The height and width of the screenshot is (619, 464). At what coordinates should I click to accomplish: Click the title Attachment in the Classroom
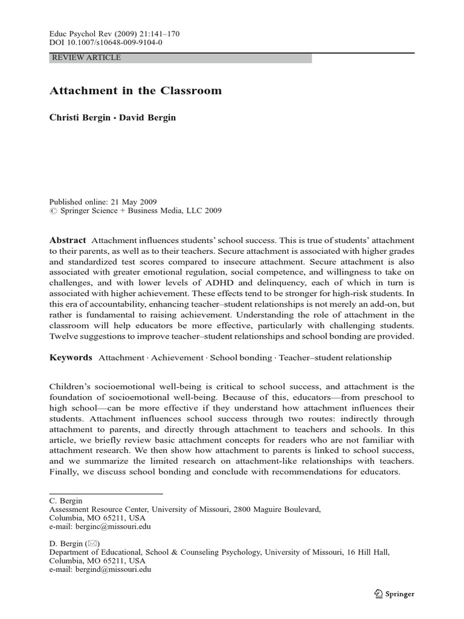135,91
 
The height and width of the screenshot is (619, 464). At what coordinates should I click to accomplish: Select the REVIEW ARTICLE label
87,58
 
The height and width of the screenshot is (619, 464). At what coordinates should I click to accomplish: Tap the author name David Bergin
148,118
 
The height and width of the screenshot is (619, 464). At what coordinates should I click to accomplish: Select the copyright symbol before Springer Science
53,212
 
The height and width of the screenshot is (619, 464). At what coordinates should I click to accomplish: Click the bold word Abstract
68,240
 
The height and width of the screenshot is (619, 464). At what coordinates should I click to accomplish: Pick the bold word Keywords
71,358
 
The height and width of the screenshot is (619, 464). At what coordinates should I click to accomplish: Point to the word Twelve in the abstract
64,337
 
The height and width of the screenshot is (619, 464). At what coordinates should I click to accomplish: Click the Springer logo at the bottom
393,594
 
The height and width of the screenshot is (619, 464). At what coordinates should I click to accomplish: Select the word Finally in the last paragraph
65,472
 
